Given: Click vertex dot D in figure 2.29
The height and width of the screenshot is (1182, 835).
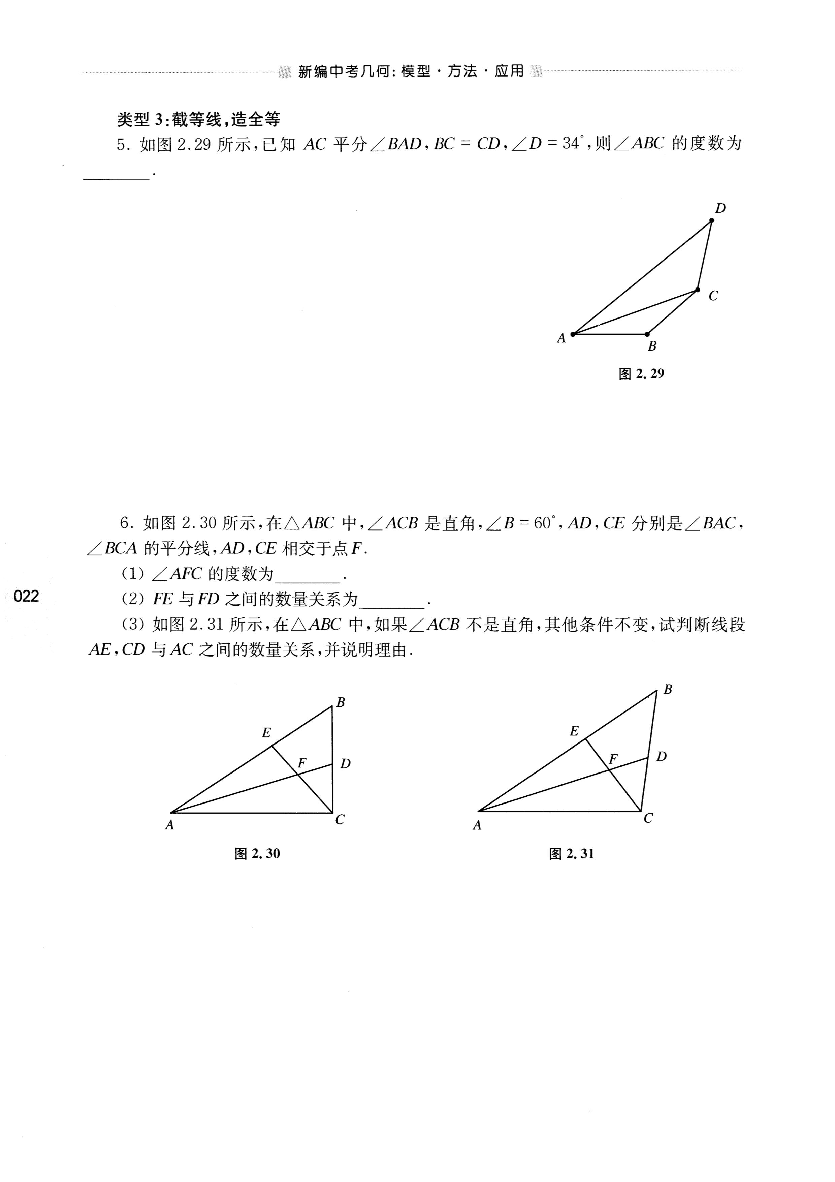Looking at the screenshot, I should (711, 220).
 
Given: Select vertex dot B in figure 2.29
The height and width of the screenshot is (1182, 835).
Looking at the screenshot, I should (647, 334).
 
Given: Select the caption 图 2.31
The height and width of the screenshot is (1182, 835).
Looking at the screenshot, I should (572, 854).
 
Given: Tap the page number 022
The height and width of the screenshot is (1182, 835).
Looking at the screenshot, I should (27, 596).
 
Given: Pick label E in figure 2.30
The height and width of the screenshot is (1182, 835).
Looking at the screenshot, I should (266, 733).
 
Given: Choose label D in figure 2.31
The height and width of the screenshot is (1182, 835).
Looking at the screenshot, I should (662, 757).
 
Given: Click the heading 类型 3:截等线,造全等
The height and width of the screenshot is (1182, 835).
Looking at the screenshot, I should (199, 120).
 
